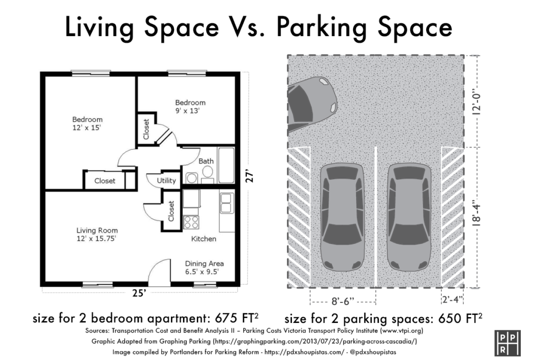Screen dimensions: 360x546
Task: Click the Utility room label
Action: (166, 181)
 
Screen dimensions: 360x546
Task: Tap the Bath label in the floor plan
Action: (206, 161)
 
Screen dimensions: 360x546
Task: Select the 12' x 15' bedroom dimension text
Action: (87, 127)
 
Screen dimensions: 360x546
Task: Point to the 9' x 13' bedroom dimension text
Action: (190, 110)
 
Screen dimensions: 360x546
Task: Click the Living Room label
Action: (97, 230)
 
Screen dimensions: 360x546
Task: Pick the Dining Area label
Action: (204, 263)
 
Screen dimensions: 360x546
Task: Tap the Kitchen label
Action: (203, 239)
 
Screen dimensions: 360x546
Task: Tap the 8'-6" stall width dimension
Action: (343, 301)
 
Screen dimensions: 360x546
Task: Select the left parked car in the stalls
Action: (342, 217)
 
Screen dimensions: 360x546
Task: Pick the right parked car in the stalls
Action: (410, 217)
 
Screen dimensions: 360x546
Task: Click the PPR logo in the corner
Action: (506, 342)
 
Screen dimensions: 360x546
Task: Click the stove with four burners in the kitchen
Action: (191, 221)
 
